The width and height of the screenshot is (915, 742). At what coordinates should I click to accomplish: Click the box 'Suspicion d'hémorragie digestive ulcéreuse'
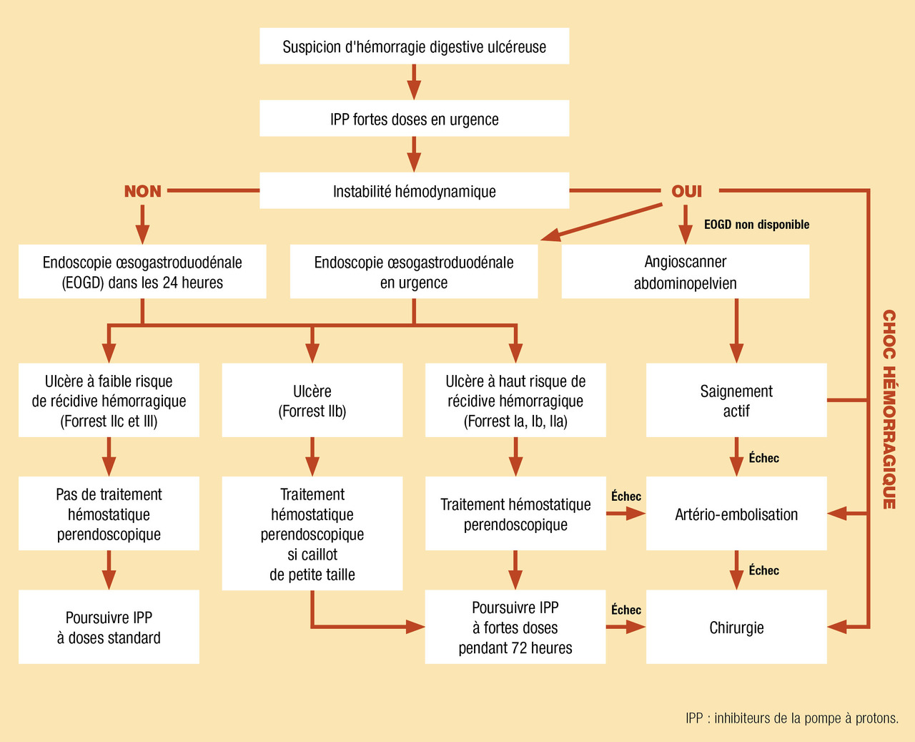414,47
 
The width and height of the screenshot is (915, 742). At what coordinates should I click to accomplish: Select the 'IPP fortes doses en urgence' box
414,119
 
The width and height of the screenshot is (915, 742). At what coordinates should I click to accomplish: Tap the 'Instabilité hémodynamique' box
414,191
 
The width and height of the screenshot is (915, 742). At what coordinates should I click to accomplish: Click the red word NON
143,191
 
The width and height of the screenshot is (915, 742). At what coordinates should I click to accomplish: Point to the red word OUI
686,191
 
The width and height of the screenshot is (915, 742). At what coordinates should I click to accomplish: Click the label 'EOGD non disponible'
756,225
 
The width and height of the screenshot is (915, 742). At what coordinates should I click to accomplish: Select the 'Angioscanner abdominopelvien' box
685,272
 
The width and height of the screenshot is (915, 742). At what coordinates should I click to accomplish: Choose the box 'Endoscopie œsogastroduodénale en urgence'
413,272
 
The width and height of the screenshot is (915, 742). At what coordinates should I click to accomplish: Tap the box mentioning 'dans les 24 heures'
142,272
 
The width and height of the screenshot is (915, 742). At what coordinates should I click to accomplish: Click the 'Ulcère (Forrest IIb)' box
312,401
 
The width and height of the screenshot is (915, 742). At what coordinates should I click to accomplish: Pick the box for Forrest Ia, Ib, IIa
515,401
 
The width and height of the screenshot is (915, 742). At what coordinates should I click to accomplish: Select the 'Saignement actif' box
736,401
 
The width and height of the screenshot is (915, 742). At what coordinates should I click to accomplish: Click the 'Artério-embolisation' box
736,514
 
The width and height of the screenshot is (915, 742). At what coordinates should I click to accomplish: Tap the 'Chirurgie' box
736,628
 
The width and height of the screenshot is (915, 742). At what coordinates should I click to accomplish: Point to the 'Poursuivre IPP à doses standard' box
109,628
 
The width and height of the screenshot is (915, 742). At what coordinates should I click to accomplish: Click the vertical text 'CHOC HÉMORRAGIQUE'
889,409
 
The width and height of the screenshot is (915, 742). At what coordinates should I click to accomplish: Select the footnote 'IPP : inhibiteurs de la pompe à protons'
791,718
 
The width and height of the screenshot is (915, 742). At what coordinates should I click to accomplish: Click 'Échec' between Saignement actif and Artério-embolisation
763,458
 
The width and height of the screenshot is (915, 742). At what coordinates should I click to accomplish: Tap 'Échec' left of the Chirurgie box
626,610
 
